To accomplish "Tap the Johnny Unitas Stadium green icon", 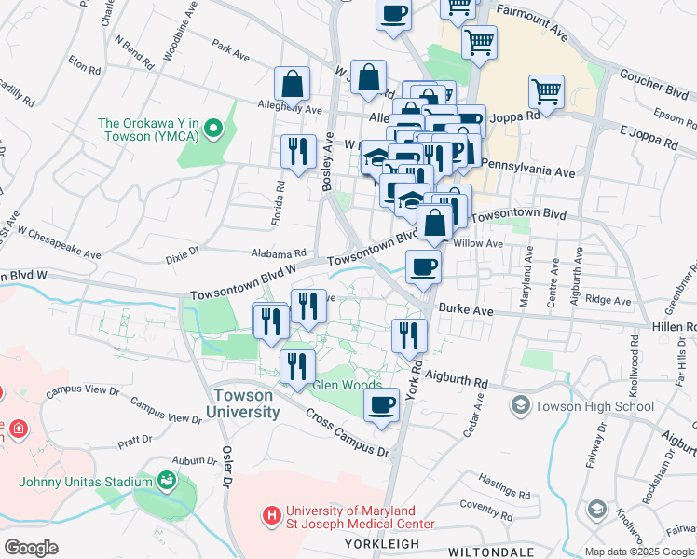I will pyautogui.click(x=167, y=481).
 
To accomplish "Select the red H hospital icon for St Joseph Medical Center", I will pyautogui.click(x=271, y=514).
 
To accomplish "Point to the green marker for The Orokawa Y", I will pyautogui.click(x=213, y=129).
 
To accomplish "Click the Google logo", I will pyautogui.click(x=31, y=548).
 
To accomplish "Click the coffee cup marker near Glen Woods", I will pyautogui.click(x=380, y=405).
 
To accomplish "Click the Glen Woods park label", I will pyautogui.click(x=347, y=385).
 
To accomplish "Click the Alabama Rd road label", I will pyautogui.click(x=279, y=252).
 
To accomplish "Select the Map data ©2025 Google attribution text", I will pyautogui.click(x=638, y=552).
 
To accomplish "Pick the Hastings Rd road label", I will pyautogui.click(x=502, y=488).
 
